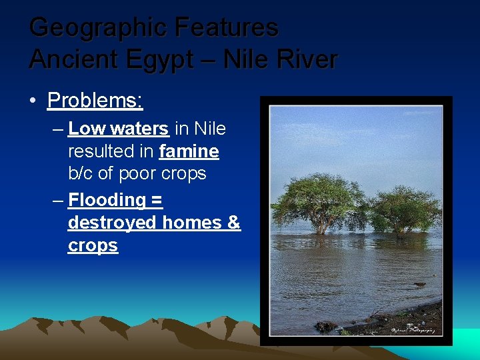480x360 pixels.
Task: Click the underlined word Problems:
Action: [95, 101]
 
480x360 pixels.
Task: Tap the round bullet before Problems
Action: [33, 101]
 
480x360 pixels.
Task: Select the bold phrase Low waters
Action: [118, 128]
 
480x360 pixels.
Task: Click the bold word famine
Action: [189, 151]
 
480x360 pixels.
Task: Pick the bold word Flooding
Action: [107, 199]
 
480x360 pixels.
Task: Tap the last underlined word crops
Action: [93, 245]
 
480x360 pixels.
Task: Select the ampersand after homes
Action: [234, 222]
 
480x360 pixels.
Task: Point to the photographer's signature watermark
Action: [413, 329]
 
